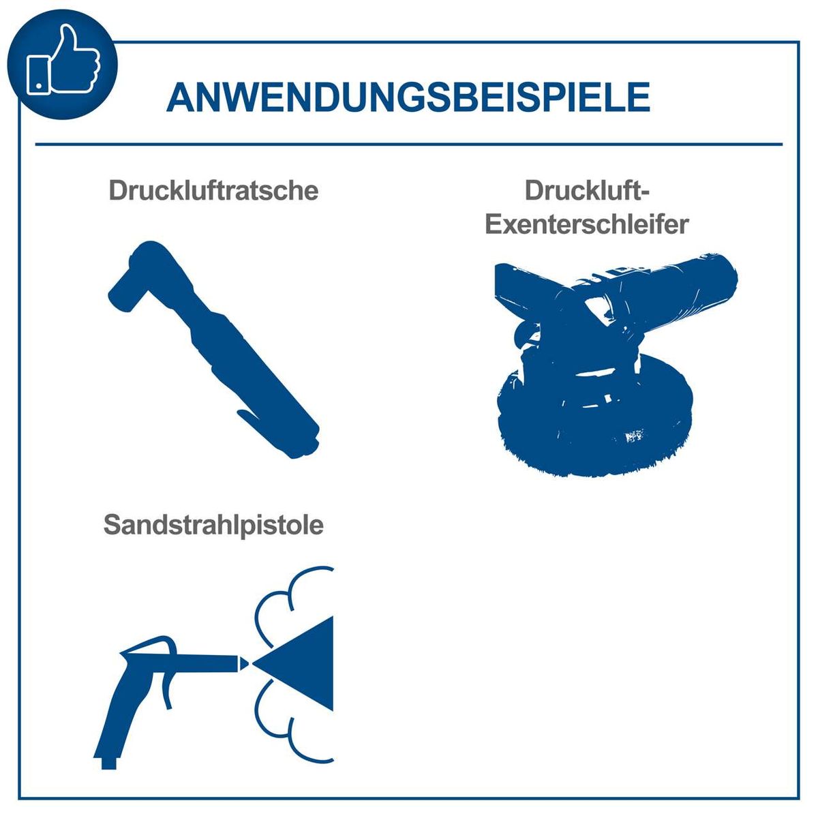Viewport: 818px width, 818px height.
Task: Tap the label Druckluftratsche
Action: (213, 190)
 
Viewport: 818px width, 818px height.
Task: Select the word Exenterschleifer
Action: (587, 224)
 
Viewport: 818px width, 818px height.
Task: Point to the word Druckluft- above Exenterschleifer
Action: (587, 190)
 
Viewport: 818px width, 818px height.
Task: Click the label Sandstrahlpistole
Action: (213, 525)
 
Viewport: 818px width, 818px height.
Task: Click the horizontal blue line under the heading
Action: (409, 145)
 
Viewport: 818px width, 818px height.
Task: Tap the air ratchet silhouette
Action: (218, 354)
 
